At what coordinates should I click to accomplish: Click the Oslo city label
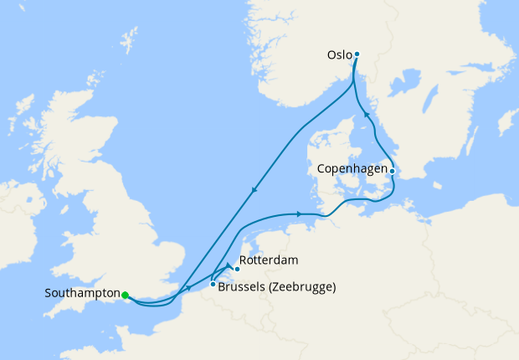pyautogui.click(x=339, y=56)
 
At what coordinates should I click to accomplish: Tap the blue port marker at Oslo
pyautogui.click(x=357, y=54)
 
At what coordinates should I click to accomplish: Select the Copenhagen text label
pyautogui.click(x=353, y=168)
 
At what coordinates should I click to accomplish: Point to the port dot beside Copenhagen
pyautogui.click(x=393, y=170)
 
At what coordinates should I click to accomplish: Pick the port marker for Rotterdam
pyautogui.click(x=238, y=269)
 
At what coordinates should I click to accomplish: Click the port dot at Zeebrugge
pyautogui.click(x=213, y=285)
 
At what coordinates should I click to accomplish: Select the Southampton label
pyautogui.click(x=82, y=294)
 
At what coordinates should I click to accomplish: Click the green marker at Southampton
pyautogui.click(x=125, y=295)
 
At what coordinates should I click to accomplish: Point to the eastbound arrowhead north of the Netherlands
pyautogui.click(x=299, y=215)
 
